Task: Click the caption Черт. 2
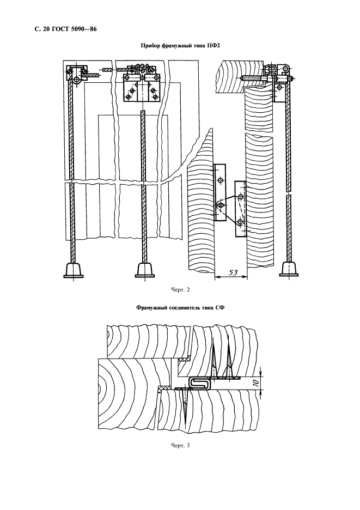180,289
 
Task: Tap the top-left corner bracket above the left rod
76,73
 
